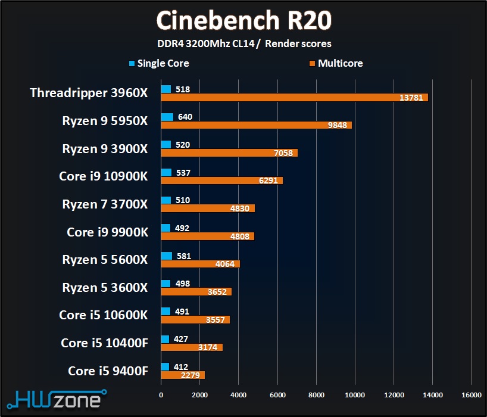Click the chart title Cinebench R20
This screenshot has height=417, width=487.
pos(244,20)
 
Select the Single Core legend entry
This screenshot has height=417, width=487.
pos(159,63)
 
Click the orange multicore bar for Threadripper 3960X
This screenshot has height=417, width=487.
pos(294,97)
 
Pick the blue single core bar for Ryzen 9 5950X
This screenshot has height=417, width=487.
pos(167,117)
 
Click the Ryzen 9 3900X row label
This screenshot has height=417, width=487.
pos(105,149)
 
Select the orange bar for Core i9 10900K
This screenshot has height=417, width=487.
pos(221,181)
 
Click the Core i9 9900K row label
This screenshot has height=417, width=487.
pos(107,232)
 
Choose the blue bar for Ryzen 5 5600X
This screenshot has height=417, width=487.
pos(166,256)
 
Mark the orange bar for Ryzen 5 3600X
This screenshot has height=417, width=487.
pos(196,292)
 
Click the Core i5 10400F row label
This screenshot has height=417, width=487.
pos(104,343)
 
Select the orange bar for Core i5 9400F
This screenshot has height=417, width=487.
pos(183,375)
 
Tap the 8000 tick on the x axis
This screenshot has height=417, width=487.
pos(316,394)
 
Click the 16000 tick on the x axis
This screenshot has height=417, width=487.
pos(471,394)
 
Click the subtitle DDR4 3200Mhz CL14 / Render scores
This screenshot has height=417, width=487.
pos(244,43)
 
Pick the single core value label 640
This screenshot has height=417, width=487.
pos(185,117)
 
